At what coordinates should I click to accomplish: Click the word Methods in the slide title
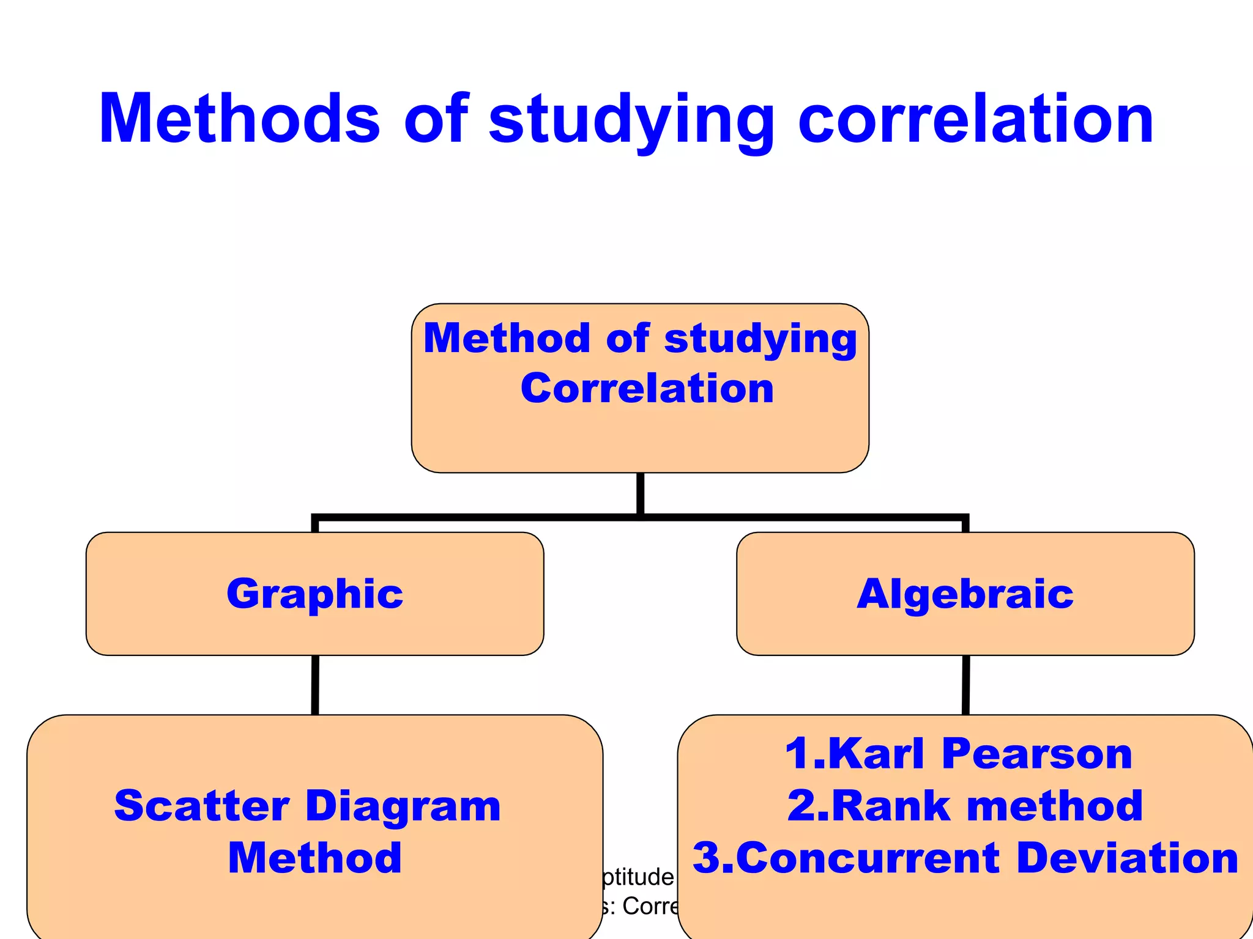tap(240, 119)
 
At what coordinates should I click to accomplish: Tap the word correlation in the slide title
tap(976, 119)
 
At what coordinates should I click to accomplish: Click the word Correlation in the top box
tap(647, 389)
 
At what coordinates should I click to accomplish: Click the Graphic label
tap(314, 594)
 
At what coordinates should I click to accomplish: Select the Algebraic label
tap(965, 594)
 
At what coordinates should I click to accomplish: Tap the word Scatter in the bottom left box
tap(201, 806)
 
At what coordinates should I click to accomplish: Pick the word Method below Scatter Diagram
tap(314, 858)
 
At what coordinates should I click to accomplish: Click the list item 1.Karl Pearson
tap(958, 753)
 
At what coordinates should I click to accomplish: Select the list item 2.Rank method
tap(965, 806)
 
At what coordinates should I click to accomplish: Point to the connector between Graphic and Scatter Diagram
tap(315, 685)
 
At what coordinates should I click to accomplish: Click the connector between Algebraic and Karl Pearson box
tap(966, 685)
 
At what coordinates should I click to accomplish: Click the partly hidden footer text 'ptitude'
tap(638, 877)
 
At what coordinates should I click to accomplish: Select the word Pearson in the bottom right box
tap(1037, 753)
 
